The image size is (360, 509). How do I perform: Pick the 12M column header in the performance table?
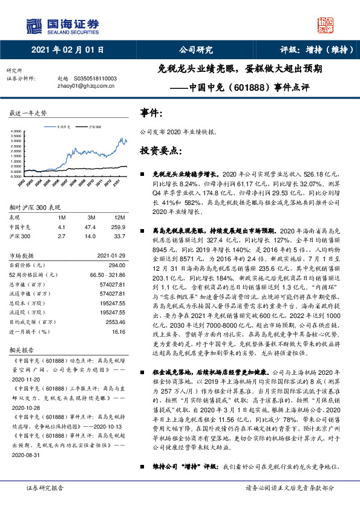[x=119, y=217]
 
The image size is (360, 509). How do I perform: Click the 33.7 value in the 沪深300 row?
[x=119, y=236]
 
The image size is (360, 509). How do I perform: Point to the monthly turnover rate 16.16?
[x=119, y=331]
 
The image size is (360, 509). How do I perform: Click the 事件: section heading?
[x=151, y=113]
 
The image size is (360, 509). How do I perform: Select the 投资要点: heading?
[x=159, y=149]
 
